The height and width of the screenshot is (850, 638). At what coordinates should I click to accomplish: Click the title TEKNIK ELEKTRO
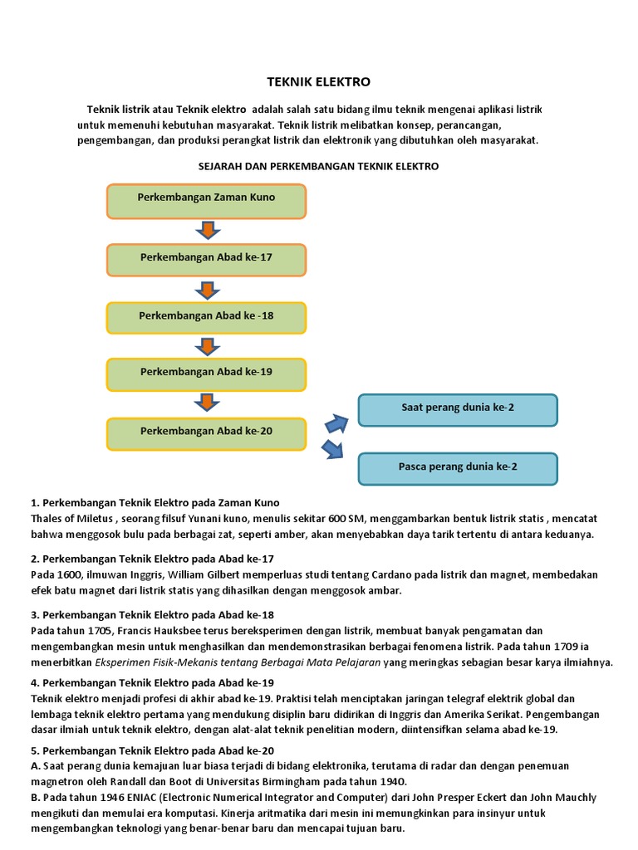(x=318, y=82)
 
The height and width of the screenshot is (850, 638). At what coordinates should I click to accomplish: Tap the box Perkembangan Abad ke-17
(x=206, y=258)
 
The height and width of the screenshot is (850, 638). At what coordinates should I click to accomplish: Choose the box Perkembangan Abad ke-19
(x=206, y=373)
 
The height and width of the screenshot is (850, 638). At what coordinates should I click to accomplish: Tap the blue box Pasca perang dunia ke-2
(x=458, y=468)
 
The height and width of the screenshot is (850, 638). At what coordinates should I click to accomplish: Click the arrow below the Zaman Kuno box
(x=206, y=230)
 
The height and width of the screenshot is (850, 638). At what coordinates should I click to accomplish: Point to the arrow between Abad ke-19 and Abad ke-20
(x=206, y=403)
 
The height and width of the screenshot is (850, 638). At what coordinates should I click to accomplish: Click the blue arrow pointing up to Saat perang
(x=336, y=423)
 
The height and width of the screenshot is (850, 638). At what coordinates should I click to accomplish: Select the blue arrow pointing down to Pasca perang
(x=333, y=449)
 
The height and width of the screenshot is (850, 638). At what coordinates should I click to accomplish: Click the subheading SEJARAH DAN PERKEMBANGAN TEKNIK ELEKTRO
(x=318, y=167)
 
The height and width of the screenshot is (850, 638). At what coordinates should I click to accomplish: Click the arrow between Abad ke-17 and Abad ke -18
(x=206, y=288)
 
